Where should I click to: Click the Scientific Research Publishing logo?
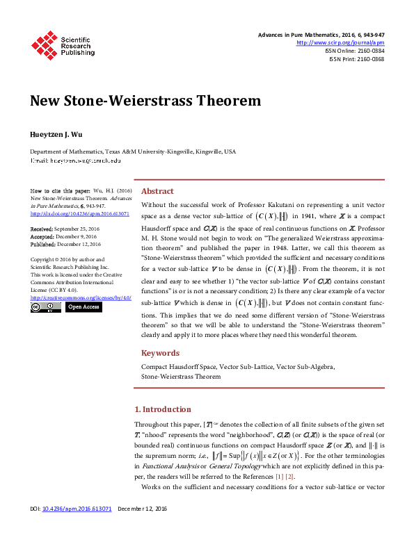click(x=62, y=44)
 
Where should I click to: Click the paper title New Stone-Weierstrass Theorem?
click(x=145, y=101)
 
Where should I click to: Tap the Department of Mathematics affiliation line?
click(x=132, y=151)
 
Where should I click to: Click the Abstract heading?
click(x=157, y=191)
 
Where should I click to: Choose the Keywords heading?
click(x=161, y=353)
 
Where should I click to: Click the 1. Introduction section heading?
click(x=162, y=409)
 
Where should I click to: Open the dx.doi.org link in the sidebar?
click(x=80, y=214)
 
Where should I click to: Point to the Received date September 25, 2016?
click(x=78, y=228)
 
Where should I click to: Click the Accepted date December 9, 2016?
click(x=76, y=236)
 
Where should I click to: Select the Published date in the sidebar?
click(x=79, y=245)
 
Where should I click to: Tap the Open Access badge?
click(x=83, y=306)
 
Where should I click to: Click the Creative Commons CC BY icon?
click(x=46, y=306)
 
